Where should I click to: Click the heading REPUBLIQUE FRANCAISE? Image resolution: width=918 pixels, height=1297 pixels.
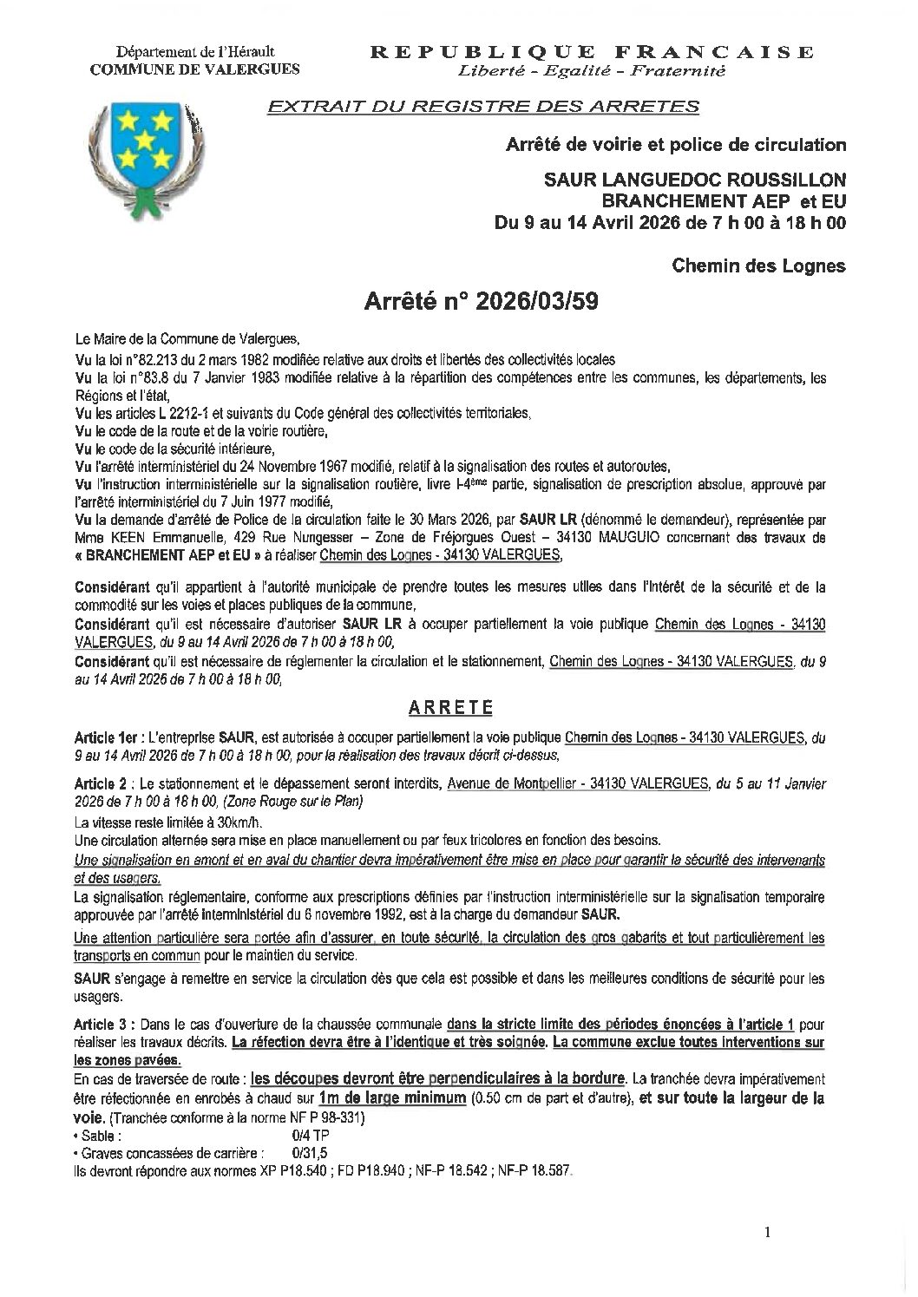592,52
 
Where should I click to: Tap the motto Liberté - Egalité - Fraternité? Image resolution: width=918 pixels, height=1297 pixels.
592,70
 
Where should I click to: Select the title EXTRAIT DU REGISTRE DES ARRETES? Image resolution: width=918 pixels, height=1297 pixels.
483,107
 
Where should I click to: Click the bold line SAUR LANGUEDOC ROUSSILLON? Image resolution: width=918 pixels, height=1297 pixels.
694,180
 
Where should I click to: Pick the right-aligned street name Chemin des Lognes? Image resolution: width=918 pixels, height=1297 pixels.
758,265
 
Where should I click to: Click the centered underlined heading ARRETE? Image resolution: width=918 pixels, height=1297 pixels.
451,706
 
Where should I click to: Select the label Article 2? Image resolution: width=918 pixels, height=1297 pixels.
103,783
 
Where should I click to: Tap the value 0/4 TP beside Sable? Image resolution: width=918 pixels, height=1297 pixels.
288,1136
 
